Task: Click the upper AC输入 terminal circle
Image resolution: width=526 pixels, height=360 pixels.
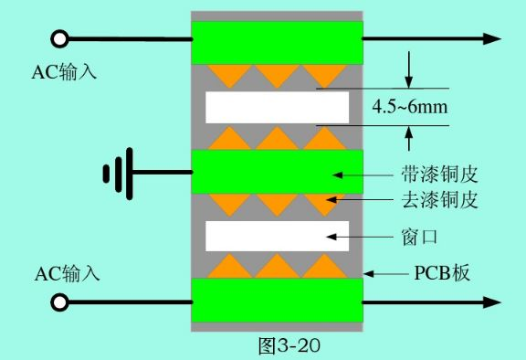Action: pyautogui.click(x=59, y=39)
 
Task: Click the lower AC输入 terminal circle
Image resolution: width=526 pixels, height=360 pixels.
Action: pyautogui.click(x=59, y=302)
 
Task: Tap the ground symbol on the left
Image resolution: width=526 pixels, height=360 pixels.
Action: pyautogui.click(x=118, y=174)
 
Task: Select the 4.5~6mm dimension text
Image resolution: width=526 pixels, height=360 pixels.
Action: pyautogui.click(x=410, y=107)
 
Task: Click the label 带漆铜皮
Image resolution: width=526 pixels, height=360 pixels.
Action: pyautogui.click(x=439, y=175)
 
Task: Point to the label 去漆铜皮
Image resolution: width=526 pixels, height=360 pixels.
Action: pyautogui.click(x=439, y=200)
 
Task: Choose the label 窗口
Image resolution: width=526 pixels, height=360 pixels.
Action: pyautogui.click(x=420, y=237)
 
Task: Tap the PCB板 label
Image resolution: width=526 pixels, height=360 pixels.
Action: pyautogui.click(x=442, y=273)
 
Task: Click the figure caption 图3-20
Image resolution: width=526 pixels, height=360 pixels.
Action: pyautogui.click(x=289, y=345)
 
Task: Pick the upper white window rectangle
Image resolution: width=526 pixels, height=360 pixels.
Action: pyautogui.click(x=277, y=108)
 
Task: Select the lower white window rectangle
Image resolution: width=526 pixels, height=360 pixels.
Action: pyautogui.click(x=277, y=237)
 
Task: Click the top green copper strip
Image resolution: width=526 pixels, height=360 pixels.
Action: pyautogui.click(x=277, y=43)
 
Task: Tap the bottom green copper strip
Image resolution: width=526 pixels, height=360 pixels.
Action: pyautogui.click(x=277, y=301)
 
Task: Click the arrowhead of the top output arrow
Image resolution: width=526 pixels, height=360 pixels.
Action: pyautogui.click(x=492, y=38)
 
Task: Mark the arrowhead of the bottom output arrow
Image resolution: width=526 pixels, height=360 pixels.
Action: pyautogui.click(x=492, y=302)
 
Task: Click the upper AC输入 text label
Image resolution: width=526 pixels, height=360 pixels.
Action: pyautogui.click(x=64, y=71)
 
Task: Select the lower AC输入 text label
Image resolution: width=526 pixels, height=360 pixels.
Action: pyautogui.click(x=67, y=273)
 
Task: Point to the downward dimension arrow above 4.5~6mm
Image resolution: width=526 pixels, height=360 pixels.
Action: pyautogui.click(x=408, y=69)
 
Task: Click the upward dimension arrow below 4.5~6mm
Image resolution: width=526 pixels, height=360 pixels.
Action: pyautogui.click(x=408, y=138)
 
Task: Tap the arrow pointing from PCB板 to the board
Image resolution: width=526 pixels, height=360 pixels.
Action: pyautogui.click(x=386, y=274)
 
